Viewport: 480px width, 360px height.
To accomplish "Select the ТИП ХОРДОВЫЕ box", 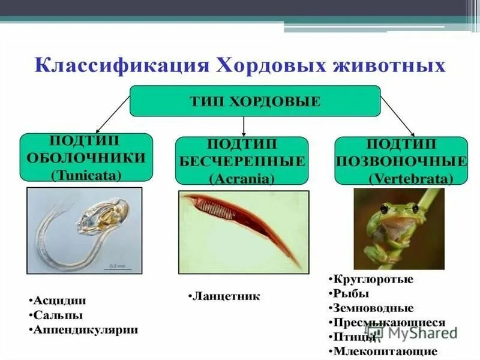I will pyautogui.click(x=255, y=101).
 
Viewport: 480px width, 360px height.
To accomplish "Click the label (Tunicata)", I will pyautogui.click(x=86, y=175).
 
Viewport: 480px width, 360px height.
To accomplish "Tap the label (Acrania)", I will pyautogui.click(x=242, y=178).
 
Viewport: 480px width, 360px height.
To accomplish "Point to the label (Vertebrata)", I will pyautogui.click(x=410, y=178).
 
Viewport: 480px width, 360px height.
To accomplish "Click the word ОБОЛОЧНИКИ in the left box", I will pyautogui.click(x=86, y=158).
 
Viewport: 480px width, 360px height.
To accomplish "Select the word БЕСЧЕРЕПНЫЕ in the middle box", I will pyautogui.click(x=242, y=161).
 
